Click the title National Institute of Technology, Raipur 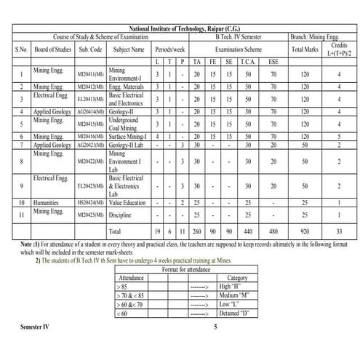click(179, 26)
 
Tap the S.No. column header click(21, 49)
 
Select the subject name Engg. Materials click(127, 86)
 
